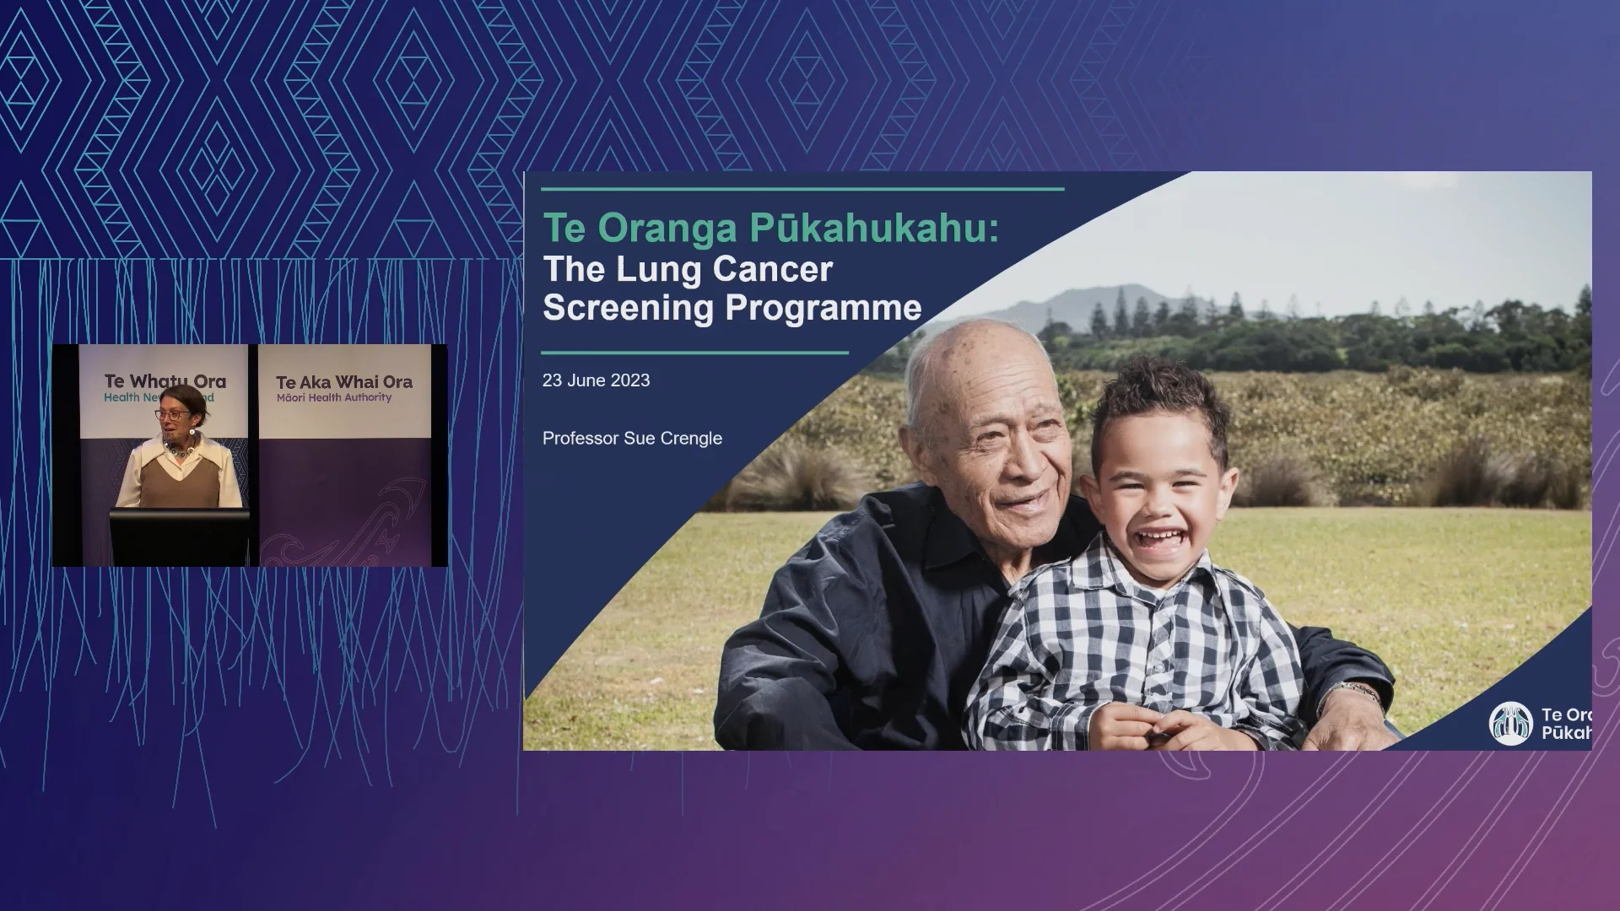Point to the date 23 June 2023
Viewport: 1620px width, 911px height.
(596, 380)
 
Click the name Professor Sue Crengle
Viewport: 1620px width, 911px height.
(632, 439)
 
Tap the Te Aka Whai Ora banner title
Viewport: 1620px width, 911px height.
(344, 382)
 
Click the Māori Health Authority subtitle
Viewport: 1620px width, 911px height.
(334, 397)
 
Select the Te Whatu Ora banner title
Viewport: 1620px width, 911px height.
(165, 381)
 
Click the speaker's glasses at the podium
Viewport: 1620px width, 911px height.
(170, 414)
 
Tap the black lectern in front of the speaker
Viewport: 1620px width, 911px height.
(180, 536)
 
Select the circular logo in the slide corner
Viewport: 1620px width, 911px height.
(1510, 724)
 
